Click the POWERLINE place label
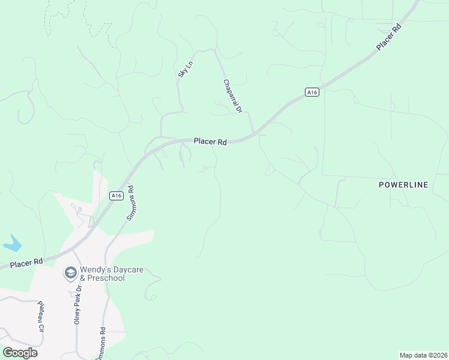403,185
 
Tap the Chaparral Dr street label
232,96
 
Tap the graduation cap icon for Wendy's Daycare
71,274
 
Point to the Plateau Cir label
41,316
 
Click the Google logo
20,353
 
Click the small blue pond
12,244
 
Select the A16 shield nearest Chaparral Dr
311,92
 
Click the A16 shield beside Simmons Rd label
116,196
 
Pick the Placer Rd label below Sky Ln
210,142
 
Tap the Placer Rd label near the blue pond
26,262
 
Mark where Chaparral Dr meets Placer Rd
254,133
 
